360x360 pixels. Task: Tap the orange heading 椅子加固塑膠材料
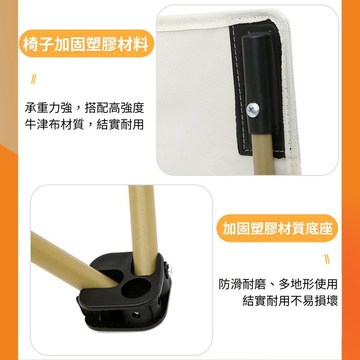(86, 44)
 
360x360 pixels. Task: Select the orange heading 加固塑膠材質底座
(277, 228)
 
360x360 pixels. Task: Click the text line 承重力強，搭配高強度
(84, 108)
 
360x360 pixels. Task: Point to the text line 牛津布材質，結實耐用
(84, 124)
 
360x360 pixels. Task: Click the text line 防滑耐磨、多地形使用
(278, 284)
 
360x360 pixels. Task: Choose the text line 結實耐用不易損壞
(290, 301)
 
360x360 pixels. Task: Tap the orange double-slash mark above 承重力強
(33, 79)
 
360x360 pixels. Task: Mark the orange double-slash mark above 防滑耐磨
(328, 259)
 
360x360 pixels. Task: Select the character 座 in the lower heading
(325, 228)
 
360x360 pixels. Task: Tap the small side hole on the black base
(135, 315)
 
